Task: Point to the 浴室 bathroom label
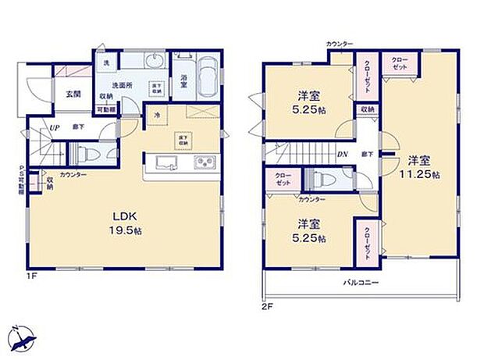184,79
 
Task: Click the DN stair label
342,154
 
